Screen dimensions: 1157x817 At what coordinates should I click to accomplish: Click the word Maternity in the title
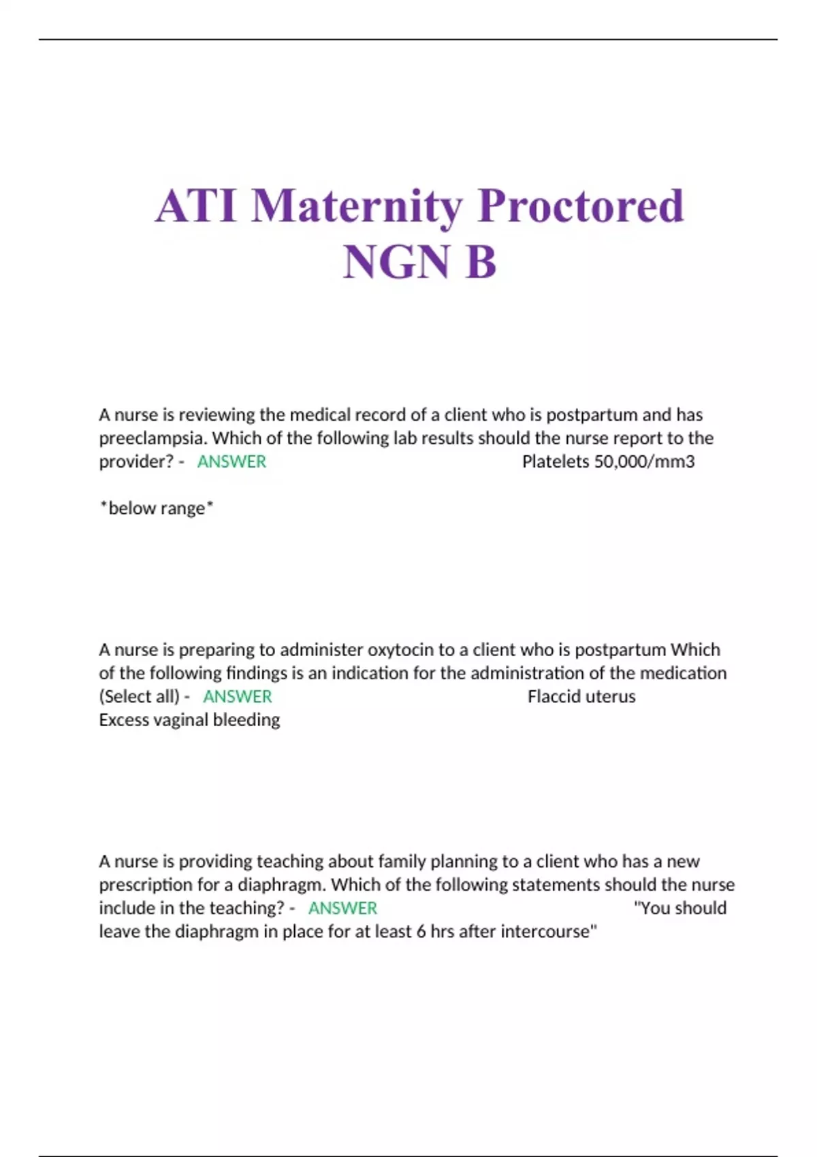[357, 206]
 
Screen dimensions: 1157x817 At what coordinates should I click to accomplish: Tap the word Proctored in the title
[581, 206]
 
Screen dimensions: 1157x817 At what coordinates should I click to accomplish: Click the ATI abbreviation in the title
[196, 206]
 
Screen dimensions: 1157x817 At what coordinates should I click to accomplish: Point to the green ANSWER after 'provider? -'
[231, 461]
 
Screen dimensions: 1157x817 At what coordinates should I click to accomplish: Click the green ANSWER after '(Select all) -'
[237, 696]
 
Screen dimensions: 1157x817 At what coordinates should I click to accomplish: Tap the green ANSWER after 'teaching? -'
[342, 908]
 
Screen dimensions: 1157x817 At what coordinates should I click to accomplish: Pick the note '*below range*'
[157, 508]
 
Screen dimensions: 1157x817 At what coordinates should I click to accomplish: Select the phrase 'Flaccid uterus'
[581, 696]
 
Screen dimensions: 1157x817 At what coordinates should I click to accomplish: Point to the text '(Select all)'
[140, 696]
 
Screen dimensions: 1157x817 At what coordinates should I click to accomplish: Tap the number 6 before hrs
[421, 931]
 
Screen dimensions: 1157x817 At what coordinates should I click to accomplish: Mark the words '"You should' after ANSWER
[679, 908]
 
